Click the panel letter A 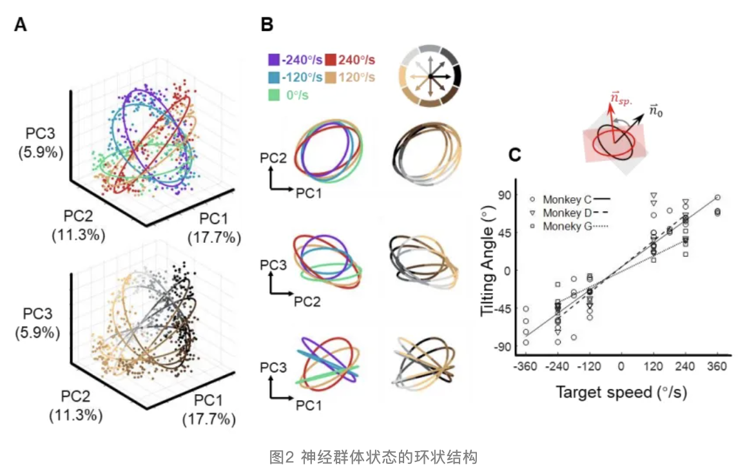pyautogui.click(x=21, y=25)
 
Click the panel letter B pyautogui.click(x=266, y=25)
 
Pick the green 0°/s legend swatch pyautogui.click(x=273, y=95)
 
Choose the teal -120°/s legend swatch pyautogui.click(x=273, y=77)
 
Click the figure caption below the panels pyautogui.click(x=372, y=457)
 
